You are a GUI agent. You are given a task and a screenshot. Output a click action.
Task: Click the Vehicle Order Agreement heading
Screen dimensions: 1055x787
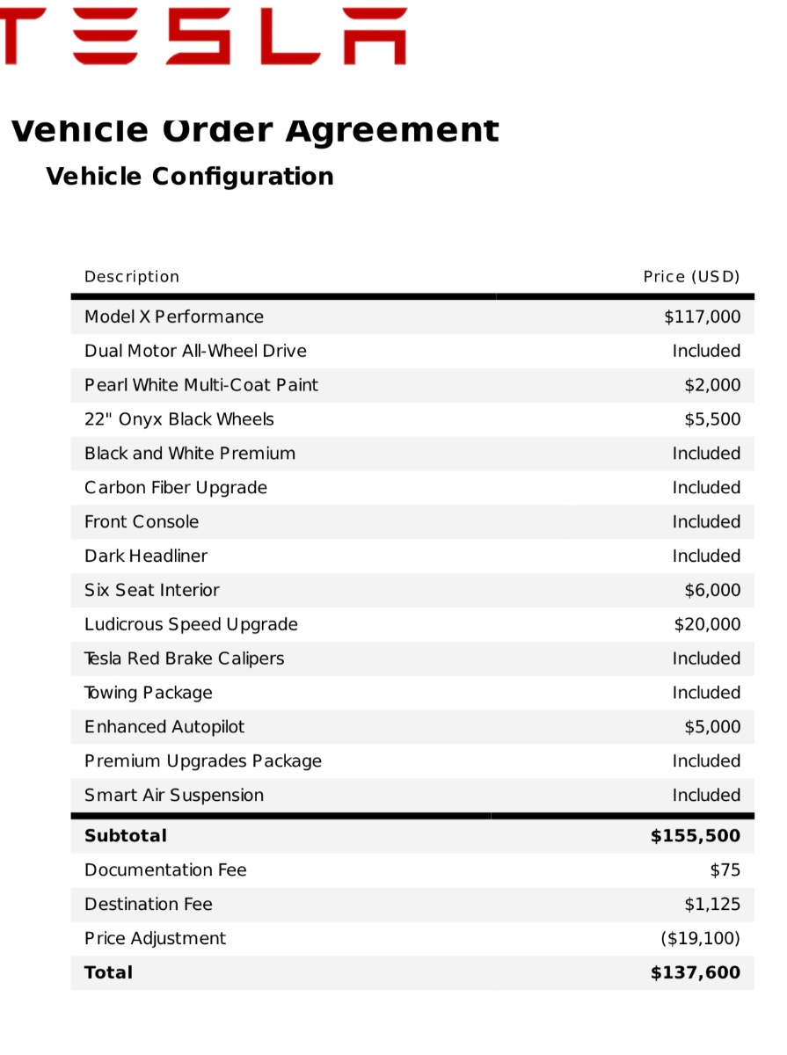(x=254, y=130)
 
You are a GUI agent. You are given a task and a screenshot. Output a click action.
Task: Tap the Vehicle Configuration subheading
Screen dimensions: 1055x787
(x=189, y=176)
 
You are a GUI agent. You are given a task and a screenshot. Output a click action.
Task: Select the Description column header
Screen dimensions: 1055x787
(x=132, y=277)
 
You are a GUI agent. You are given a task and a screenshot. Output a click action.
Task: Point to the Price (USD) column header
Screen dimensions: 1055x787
(x=691, y=277)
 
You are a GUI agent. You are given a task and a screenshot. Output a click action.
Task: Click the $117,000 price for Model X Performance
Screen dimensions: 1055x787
(x=702, y=316)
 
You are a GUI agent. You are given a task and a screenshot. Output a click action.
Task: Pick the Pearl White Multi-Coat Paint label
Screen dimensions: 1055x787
(x=201, y=385)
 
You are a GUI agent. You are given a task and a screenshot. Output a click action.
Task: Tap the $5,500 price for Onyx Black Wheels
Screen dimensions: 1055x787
(x=712, y=419)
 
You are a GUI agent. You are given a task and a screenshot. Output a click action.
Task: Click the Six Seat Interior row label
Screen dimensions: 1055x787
(x=152, y=590)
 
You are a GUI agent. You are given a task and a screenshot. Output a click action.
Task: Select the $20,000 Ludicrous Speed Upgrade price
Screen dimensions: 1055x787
(x=707, y=624)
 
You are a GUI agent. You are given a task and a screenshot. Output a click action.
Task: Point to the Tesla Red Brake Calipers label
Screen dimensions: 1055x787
(x=184, y=658)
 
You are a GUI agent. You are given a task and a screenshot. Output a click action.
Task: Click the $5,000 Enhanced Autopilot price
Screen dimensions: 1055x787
(x=712, y=727)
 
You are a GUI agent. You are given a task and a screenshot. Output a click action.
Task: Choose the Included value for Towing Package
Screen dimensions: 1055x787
(x=706, y=693)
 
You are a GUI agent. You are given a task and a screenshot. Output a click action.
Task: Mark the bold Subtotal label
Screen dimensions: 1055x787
(x=126, y=835)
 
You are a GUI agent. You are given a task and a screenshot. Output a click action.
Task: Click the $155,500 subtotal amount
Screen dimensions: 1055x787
(x=695, y=835)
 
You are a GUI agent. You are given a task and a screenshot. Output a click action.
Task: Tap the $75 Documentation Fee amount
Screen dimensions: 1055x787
(x=725, y=870)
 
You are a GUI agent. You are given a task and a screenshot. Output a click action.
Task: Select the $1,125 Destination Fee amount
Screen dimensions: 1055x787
(x=712, y=904)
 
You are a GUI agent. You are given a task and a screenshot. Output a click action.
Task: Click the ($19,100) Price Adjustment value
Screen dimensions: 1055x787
(x=700, y=938)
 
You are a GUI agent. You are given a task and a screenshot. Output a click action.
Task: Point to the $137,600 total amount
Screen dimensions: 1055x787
(x=695, y=972)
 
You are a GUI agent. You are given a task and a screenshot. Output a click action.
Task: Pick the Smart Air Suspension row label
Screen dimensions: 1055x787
(x=174, y=796)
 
